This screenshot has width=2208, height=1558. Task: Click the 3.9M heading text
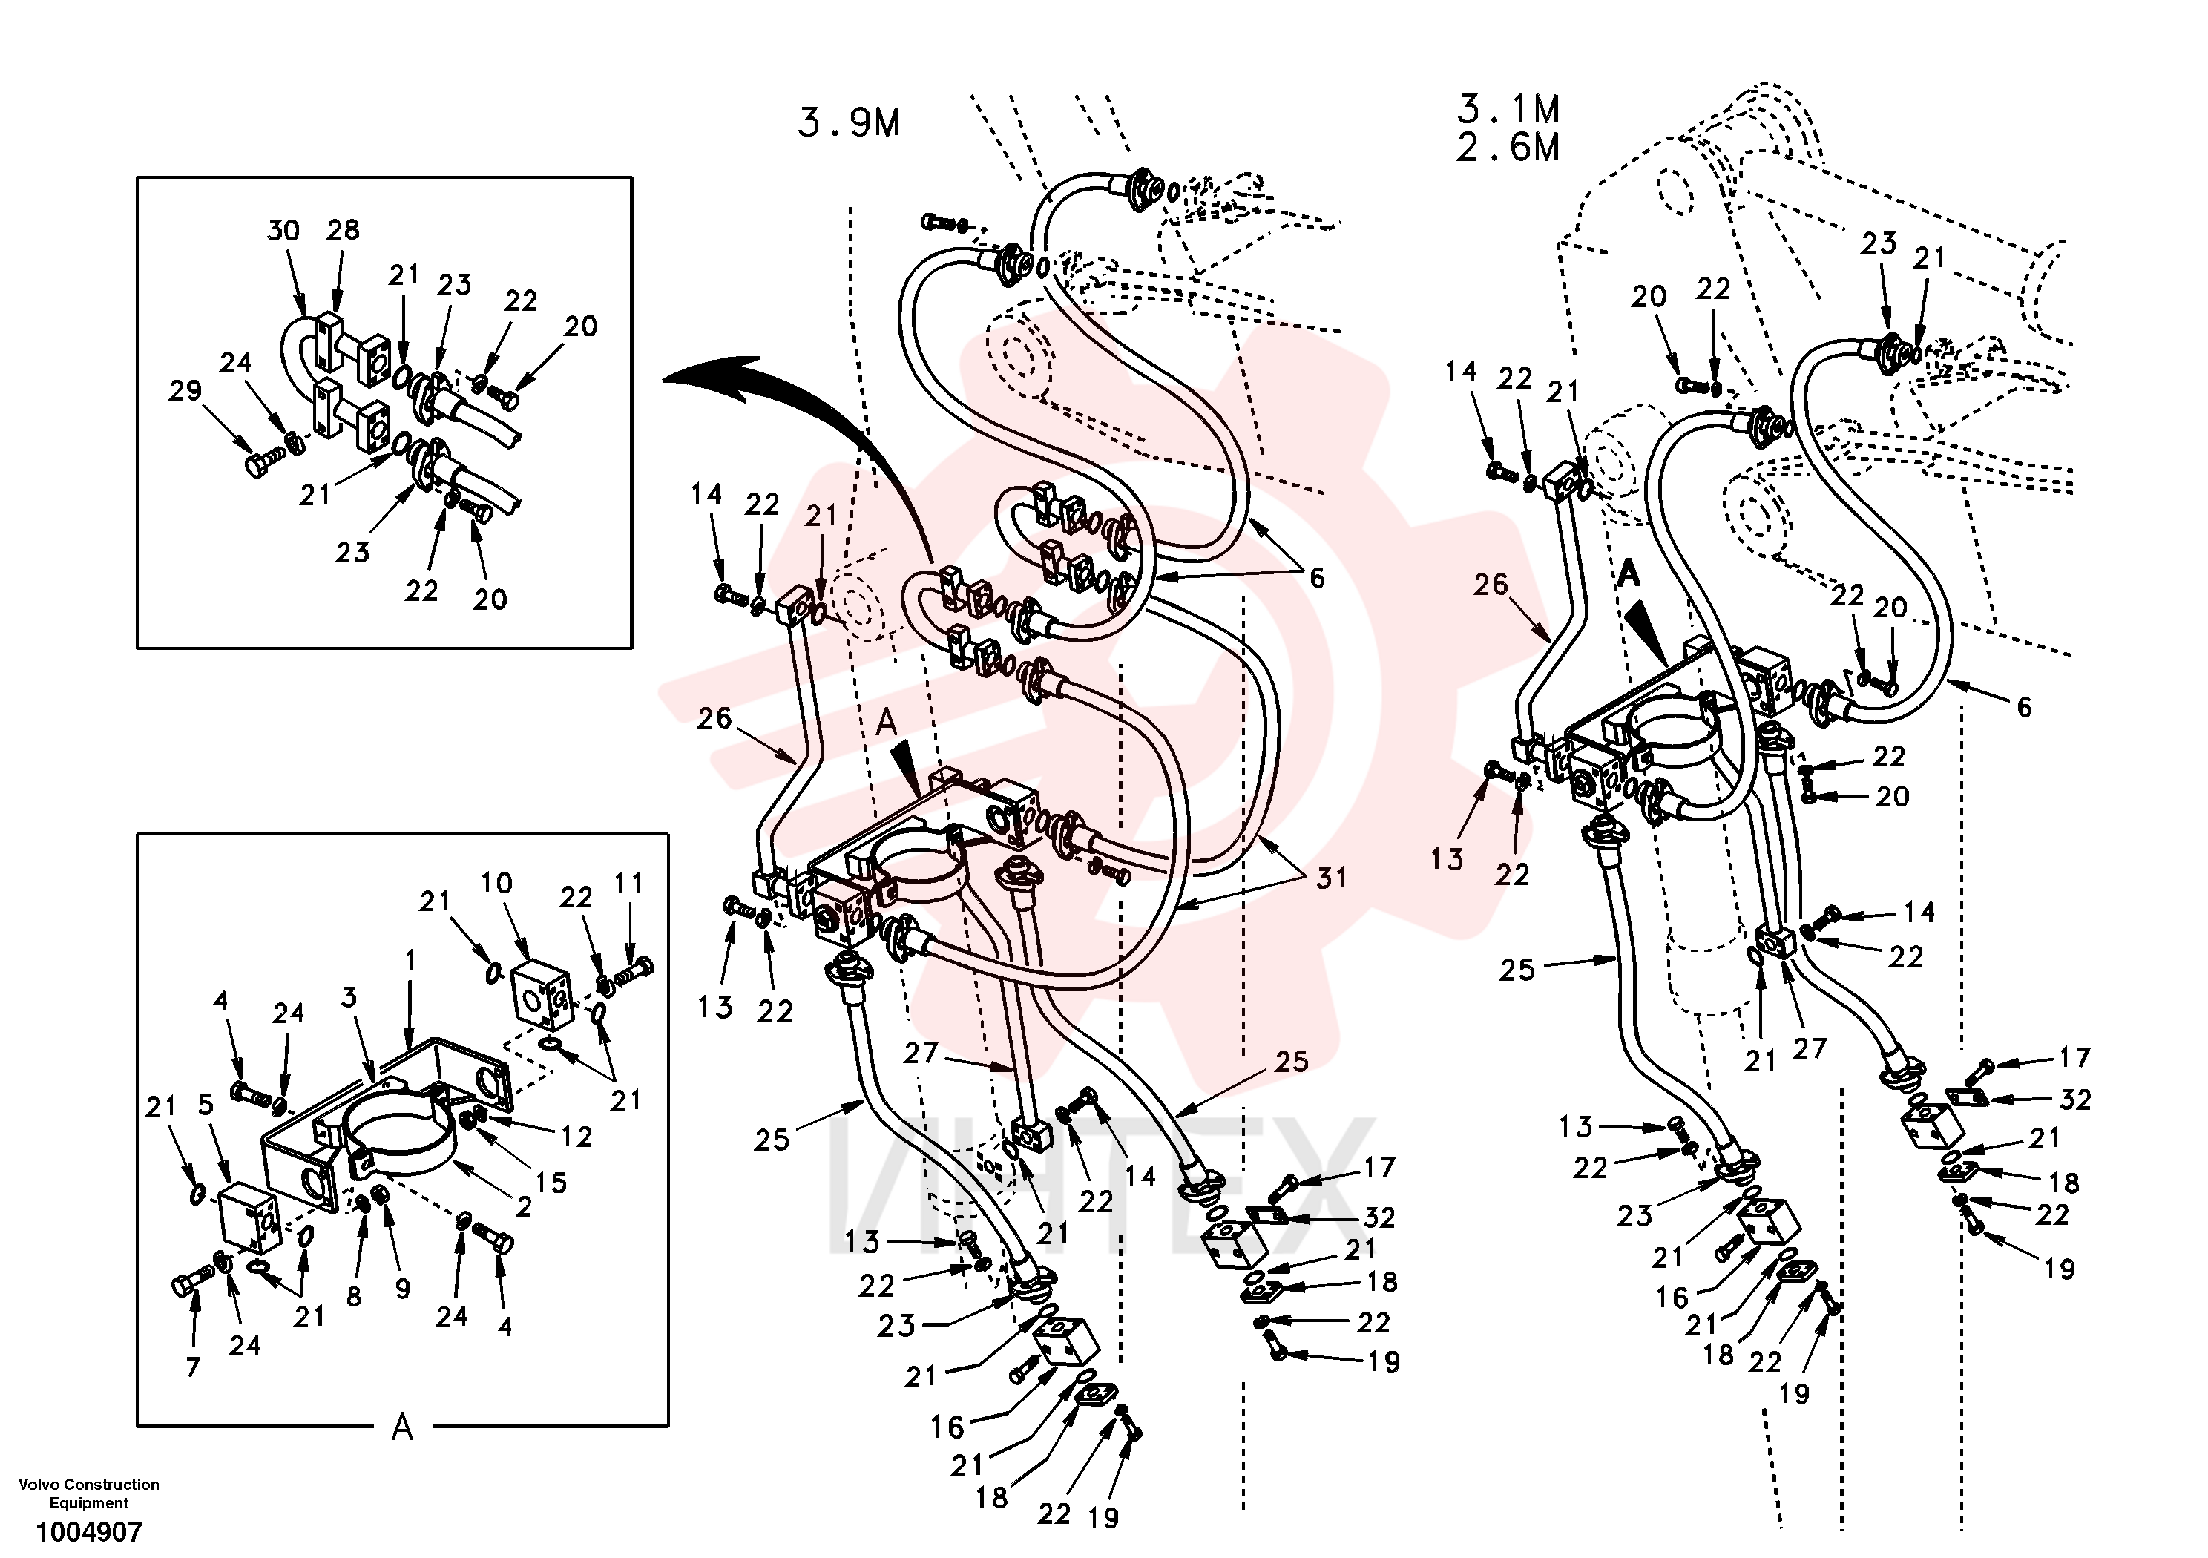[850, 123]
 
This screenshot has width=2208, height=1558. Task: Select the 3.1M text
[1508, 108]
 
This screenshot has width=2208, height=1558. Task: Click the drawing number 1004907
[90, 1531]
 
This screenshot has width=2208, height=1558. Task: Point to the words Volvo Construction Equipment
[90, 1493]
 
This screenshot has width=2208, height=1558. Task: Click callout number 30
[283, 231]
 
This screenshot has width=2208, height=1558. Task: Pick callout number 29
[185, 390]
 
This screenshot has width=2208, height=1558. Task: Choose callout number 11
[628, 883]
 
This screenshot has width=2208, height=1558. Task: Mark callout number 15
[551, 1183]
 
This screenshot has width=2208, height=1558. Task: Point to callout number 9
[402, 1289]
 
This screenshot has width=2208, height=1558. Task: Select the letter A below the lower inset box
[402, 1427]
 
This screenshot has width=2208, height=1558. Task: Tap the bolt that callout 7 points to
[192, 1282]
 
